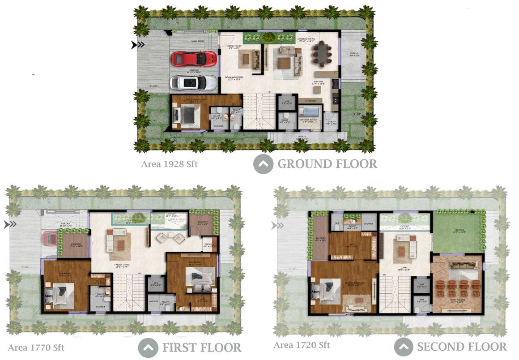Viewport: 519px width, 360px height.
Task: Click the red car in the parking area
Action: (x=194, y=59)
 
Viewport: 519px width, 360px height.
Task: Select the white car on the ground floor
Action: (x=193, y=83)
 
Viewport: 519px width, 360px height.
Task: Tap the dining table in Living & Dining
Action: (x=322, y=54)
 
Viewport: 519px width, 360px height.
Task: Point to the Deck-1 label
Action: (x=354, y=55)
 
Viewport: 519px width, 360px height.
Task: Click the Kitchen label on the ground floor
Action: (x=318, y=82)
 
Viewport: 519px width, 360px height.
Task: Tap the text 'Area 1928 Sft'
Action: (x=169, y=164)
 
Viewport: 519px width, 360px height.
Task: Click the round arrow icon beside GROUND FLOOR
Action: (x=264, y=164)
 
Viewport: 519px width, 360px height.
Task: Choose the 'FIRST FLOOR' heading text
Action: (x=201, y=347)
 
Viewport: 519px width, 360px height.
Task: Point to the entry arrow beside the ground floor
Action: (x=138, y=45)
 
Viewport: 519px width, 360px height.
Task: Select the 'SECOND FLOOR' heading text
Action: (x=462, y=347)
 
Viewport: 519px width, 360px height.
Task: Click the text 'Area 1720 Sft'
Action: (x=302, y=345)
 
